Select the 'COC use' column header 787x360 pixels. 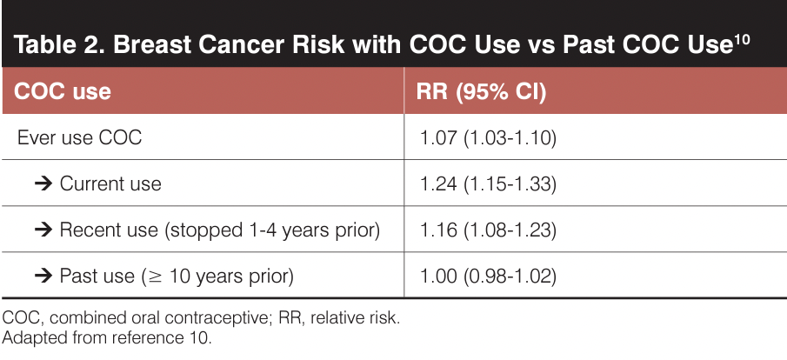63,90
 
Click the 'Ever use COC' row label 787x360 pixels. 79,137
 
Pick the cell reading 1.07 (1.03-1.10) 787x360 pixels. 488,137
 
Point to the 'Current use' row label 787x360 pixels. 110,183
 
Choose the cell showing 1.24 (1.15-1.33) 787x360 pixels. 488,183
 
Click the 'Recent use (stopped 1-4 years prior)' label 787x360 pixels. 220,230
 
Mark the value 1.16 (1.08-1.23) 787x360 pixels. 488,230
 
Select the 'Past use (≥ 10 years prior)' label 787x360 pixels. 177,277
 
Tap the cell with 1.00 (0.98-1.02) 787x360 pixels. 488,277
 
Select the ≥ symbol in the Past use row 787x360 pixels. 152,277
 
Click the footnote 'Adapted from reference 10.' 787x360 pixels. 107,337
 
